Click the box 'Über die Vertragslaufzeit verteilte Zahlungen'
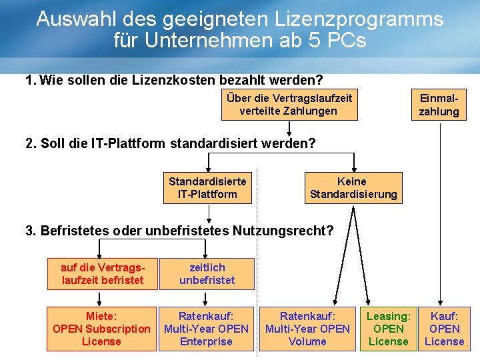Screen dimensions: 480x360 289,105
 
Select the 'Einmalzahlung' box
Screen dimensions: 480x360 439,105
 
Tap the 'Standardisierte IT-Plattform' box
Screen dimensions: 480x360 207,187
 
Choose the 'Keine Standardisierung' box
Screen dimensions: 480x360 353,187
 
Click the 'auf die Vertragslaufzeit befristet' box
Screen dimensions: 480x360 103,274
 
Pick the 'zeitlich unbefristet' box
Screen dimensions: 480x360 207,274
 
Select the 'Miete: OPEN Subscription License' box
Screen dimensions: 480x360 101,328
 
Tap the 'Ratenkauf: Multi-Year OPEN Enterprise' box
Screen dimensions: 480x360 206,328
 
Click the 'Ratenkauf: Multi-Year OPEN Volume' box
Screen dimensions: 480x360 307,328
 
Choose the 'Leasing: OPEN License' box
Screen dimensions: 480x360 389,328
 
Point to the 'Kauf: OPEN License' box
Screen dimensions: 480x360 445,328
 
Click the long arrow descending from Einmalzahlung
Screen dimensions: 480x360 439,213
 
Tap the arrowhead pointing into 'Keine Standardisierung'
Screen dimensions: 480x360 353,169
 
